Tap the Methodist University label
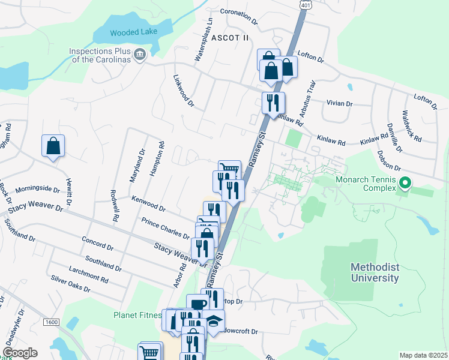(376, 272)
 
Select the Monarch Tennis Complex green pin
(405, 182)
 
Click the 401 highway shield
(306, 4)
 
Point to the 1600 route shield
(51, 322)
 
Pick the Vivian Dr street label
(339, 103)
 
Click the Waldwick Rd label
(412, 126)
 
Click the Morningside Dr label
(37, 189)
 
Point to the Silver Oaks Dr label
(70, 284)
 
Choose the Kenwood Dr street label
(148, 203)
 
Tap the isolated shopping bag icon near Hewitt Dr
(53, 146)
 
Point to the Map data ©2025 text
(423, 355)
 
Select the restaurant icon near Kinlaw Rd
(273, 103)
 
